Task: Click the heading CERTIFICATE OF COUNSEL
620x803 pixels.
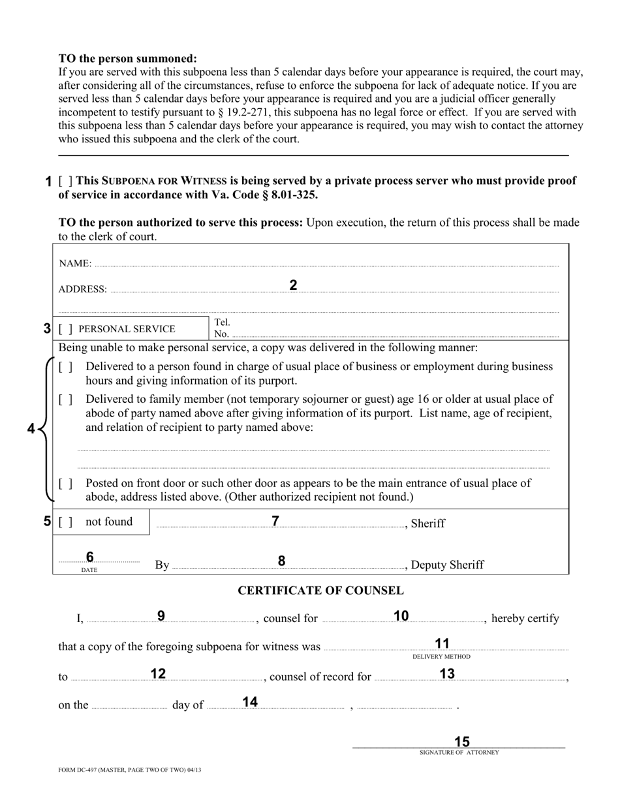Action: [x=320, y=591]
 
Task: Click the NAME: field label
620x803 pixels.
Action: [x=75, y=264]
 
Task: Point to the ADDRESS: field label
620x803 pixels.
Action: [x=82, y=289]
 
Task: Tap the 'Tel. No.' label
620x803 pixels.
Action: [x=222, y=328]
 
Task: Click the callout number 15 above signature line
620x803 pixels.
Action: [x=461, y=742]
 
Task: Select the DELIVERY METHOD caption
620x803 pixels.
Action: [x=441, y=657]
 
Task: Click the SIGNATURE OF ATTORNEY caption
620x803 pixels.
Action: [x=459, y=753]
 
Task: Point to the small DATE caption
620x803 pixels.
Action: [x=89, y=570]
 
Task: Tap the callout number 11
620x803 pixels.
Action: [x=442, y=644]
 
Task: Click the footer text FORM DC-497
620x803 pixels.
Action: [x=129, y=770]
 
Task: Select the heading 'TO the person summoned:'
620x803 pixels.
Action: [x=127, y=59]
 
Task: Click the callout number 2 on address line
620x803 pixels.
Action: [x=293, y=285]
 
